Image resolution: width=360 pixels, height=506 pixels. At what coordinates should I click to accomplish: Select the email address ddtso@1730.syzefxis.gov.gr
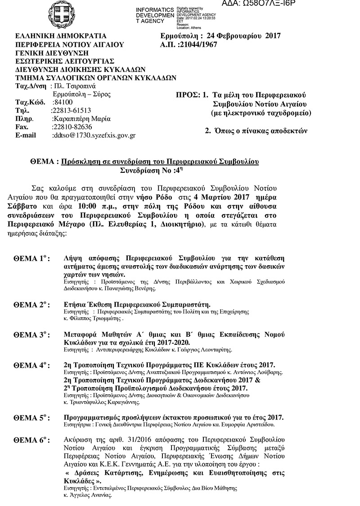(94, 135)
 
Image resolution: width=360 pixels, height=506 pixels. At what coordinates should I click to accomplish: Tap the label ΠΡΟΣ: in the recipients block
(187, 95)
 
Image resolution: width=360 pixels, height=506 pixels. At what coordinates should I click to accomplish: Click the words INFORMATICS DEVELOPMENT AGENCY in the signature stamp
(154, 16)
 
